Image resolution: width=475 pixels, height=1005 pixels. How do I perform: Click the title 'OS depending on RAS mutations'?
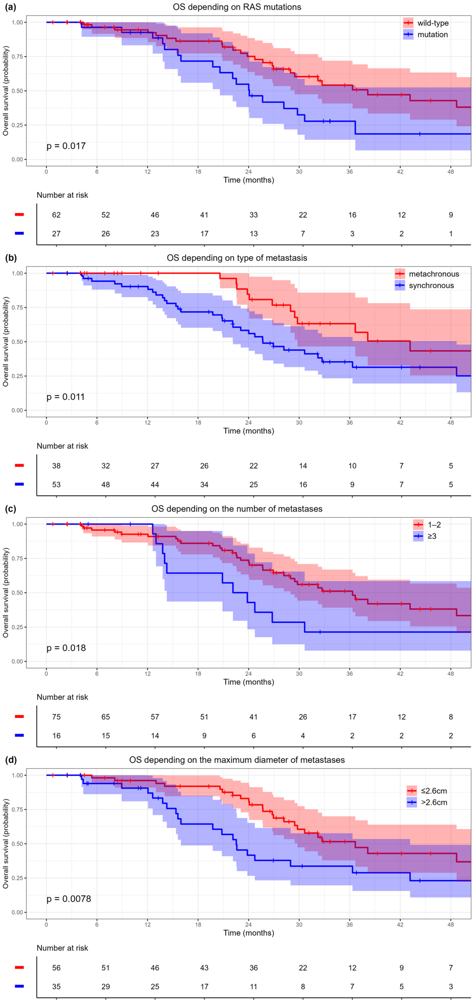237,7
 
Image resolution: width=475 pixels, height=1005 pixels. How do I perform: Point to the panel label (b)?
10,258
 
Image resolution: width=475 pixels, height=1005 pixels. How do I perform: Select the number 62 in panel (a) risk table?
57,215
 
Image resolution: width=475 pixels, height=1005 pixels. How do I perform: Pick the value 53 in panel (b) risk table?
57,485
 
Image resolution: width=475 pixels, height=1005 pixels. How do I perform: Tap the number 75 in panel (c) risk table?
57,717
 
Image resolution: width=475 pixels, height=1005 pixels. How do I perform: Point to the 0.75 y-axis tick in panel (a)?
17,57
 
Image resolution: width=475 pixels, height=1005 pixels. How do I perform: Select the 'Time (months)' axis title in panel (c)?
249,682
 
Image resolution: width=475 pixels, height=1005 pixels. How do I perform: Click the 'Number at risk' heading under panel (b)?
62,446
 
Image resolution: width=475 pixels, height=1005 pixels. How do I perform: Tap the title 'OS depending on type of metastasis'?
237,258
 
